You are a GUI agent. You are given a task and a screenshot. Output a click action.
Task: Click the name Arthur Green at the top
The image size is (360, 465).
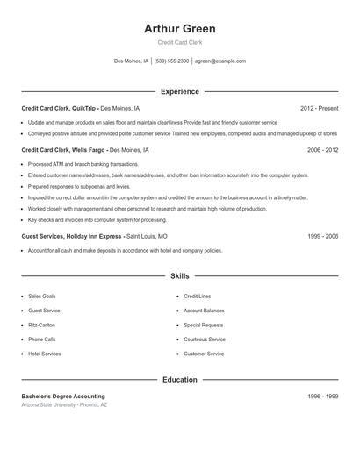point(179,29)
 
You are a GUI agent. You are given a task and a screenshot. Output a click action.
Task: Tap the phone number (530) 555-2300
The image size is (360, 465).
point(172,61)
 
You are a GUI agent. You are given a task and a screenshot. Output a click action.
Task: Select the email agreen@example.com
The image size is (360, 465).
point(220,61)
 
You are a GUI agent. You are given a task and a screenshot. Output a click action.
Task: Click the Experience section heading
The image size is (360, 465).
point(179,91)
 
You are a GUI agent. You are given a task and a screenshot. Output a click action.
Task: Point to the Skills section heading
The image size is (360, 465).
point(179,275)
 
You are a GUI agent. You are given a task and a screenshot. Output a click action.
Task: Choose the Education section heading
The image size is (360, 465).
point(179,380)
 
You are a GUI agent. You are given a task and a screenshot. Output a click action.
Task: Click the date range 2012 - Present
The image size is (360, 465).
point(319,108)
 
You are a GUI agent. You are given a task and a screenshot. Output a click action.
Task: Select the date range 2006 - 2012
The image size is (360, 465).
point(322,150)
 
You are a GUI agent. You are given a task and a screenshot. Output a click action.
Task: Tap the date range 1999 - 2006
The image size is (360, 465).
point(322,236)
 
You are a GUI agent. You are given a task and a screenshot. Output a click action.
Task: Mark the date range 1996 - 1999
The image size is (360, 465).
point(322,397)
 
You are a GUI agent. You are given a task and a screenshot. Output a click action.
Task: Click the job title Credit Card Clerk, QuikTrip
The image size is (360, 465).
point(58,108)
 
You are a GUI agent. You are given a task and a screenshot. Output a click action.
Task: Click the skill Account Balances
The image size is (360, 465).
point(204,311)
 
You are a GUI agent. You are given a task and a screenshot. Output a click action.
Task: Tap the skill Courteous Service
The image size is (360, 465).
point(205,339)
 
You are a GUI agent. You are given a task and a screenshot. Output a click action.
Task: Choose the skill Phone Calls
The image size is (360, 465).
point(41,339)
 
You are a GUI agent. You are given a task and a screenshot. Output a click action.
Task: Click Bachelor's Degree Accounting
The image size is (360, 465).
point(63,397)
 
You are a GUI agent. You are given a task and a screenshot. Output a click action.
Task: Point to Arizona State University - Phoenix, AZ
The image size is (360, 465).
point(64,405)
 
